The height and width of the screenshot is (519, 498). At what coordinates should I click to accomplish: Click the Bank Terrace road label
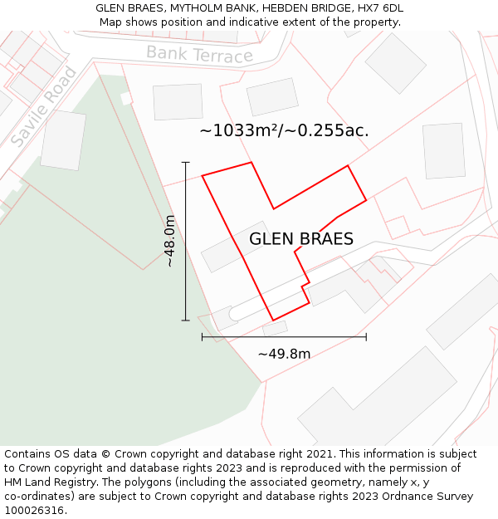point(199,55)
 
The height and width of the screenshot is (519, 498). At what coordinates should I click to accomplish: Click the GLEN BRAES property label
point(301,239)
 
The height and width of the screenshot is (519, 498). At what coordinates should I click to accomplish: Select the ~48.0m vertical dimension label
point(169,241)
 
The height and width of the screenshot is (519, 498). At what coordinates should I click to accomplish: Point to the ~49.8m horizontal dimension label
point(284,354)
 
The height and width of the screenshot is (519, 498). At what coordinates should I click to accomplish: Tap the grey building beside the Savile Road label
point(63,140)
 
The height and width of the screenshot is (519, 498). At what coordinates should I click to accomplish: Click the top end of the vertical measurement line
point(186,163)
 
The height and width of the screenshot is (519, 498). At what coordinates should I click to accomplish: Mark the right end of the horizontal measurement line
point(366,336)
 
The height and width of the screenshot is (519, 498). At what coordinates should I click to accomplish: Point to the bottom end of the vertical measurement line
point(186,320)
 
